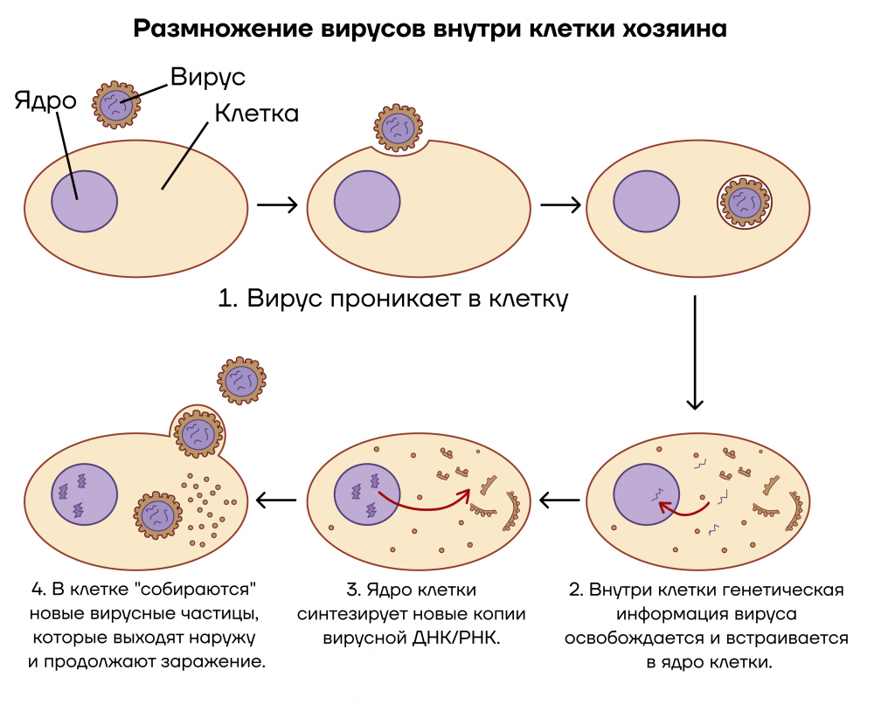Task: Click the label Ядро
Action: click(45, 101)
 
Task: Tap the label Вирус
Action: click(208, 77)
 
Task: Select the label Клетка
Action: click(257, 113)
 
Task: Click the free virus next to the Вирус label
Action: click(116, 105)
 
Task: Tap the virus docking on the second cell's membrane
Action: click(399, 128)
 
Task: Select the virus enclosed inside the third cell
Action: click(745, 202)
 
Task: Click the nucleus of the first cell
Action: click(85, 202)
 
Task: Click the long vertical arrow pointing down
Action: click(695, 352)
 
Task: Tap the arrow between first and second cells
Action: click(277, 204)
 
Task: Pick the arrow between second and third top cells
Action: click(560, 204)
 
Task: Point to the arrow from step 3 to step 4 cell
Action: click(276, 500)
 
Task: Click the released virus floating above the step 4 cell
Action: click(241, 381)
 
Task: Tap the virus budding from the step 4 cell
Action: click(198, 434)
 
